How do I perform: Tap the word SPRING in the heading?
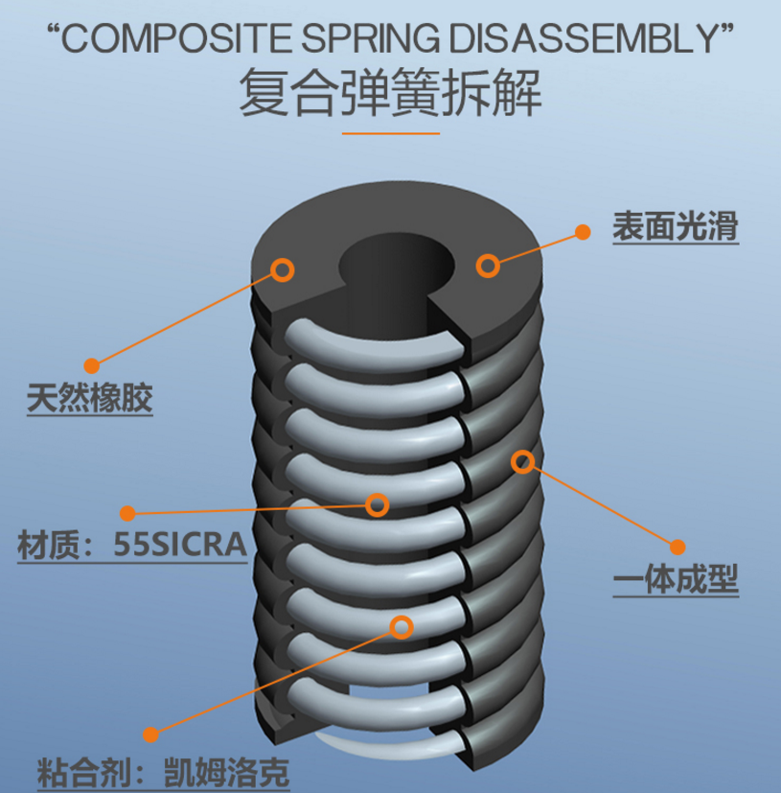click(371, 39)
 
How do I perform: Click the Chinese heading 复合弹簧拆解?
click(390, 94)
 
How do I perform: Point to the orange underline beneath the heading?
click(391, 133)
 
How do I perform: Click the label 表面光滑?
click(676, 226)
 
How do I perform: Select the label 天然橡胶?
click(89, 398)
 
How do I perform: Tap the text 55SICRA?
click(180, 545)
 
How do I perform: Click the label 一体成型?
click(676, 579)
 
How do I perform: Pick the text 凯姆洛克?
click(226, 772)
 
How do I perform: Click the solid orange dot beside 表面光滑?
click(583, 232)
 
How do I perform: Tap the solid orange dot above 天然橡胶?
click(91, 365)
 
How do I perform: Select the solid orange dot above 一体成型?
click(678, 547)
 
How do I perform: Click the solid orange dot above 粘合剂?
click(150, 735)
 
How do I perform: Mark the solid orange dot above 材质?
click(127, 513)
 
